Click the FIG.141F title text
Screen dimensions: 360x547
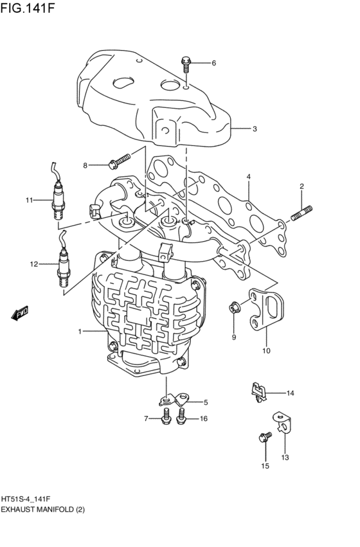[x=28, y=8]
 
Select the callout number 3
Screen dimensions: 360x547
[x=255, y=129]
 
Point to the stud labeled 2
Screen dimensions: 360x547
[x=301, y=214]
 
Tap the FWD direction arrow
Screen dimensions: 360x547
[x=19, y=313]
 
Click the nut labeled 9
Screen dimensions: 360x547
[x=233, y=309]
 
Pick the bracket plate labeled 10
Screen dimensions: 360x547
[x=267, y=309]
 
